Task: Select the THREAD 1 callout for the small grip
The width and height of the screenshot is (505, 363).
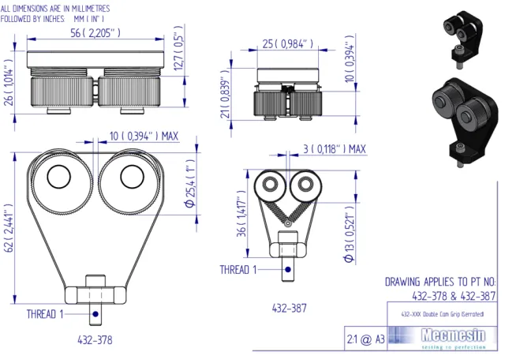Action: tap(238, 270)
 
